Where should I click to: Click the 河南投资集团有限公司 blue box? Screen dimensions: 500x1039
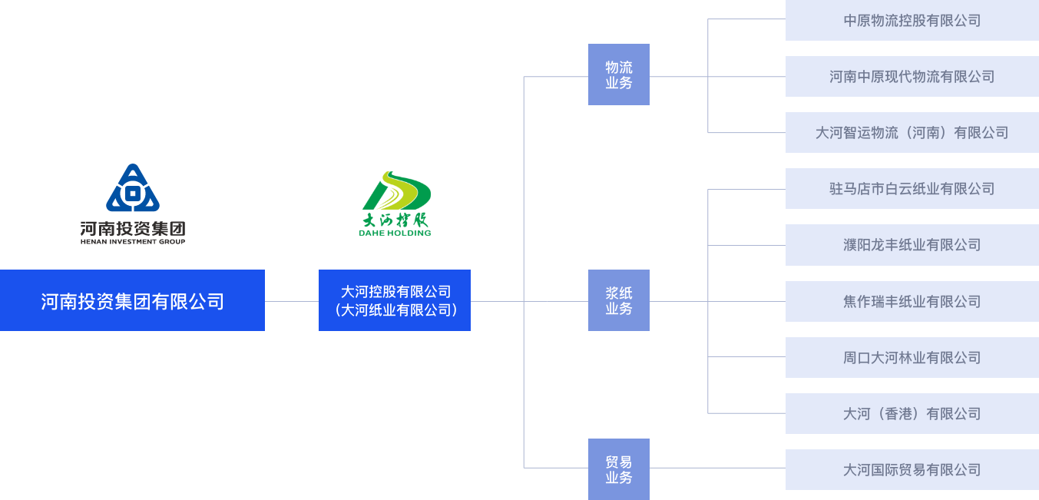pos(132,300)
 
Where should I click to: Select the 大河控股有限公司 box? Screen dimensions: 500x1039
pos(395,300)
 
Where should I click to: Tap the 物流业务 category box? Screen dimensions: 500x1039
pos(618,75)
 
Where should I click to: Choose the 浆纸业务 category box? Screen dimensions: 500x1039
pos(618,300)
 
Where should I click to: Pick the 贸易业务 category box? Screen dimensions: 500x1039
pos(618,469)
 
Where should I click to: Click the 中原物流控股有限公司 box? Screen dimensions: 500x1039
pos(912,21)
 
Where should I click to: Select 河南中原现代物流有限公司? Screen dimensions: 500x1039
pos(912,76)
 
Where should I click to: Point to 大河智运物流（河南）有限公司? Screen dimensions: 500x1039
pos(912,132)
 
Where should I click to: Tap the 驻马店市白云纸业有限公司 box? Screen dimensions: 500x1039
pos(912,188)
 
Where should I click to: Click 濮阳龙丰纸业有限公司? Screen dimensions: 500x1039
pos(912,245)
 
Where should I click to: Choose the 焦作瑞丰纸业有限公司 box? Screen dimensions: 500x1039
pos(912,301)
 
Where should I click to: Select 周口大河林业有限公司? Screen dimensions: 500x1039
pos(912,357)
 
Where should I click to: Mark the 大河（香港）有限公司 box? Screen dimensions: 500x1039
pos(912,413)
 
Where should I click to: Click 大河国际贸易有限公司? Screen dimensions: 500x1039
pos(912,469)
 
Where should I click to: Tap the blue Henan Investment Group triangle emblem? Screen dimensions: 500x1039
pos(133,188)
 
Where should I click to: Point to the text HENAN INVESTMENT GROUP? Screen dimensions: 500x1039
pos(133,241)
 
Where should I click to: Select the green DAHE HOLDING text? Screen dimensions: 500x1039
pos(395,232)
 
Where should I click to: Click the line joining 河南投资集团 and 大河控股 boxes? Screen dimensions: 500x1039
pos(292,301)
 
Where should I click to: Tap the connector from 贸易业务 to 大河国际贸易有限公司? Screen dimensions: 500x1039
pos(717,469)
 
